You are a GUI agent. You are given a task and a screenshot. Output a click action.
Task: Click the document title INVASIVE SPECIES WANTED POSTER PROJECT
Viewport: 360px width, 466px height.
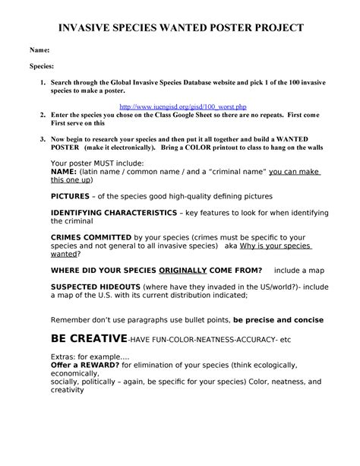[x=180, y=27]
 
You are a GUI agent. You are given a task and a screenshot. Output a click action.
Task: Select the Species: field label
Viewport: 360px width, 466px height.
[x=43, y=66]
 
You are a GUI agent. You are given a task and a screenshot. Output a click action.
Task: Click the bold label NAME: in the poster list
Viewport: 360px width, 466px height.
[x=66, y=172]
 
